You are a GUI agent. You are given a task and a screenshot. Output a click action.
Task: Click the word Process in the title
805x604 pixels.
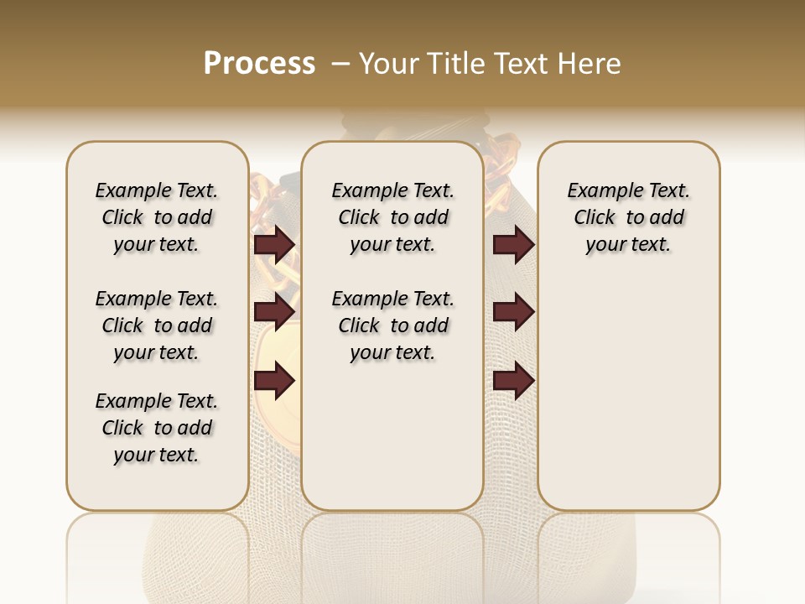tap(259, 64)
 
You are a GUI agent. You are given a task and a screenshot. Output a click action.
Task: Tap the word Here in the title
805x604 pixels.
tap(589, 64)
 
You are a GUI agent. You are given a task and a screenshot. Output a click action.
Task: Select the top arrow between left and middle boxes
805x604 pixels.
tap(273, 245)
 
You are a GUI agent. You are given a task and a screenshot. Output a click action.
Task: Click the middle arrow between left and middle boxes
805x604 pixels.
tap(273, 313)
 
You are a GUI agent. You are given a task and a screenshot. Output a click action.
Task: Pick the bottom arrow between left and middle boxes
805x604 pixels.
tap(273, 381)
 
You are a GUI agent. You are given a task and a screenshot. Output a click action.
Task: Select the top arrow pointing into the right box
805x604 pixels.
tap(513, 245)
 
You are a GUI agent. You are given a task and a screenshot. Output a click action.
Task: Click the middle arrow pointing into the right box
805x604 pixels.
tap(513, 313)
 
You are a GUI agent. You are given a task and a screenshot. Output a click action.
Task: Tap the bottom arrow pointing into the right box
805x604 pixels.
tap(513, 381)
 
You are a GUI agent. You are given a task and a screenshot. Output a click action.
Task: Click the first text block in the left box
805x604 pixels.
tap(157, 217)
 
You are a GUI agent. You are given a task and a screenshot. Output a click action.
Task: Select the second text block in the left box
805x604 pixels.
tap(157, 325)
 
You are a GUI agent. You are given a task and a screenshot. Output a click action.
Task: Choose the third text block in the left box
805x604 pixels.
tap(157, 428)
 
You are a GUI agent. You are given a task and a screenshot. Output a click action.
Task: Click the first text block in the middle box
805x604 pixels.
tap(392, 217)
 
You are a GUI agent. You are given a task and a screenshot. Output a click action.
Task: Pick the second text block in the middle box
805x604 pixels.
tap(392, 325)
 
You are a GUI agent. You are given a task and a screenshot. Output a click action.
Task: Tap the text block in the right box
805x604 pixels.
tap(628, 217)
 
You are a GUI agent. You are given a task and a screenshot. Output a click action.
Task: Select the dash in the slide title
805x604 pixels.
tap(340, 64)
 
